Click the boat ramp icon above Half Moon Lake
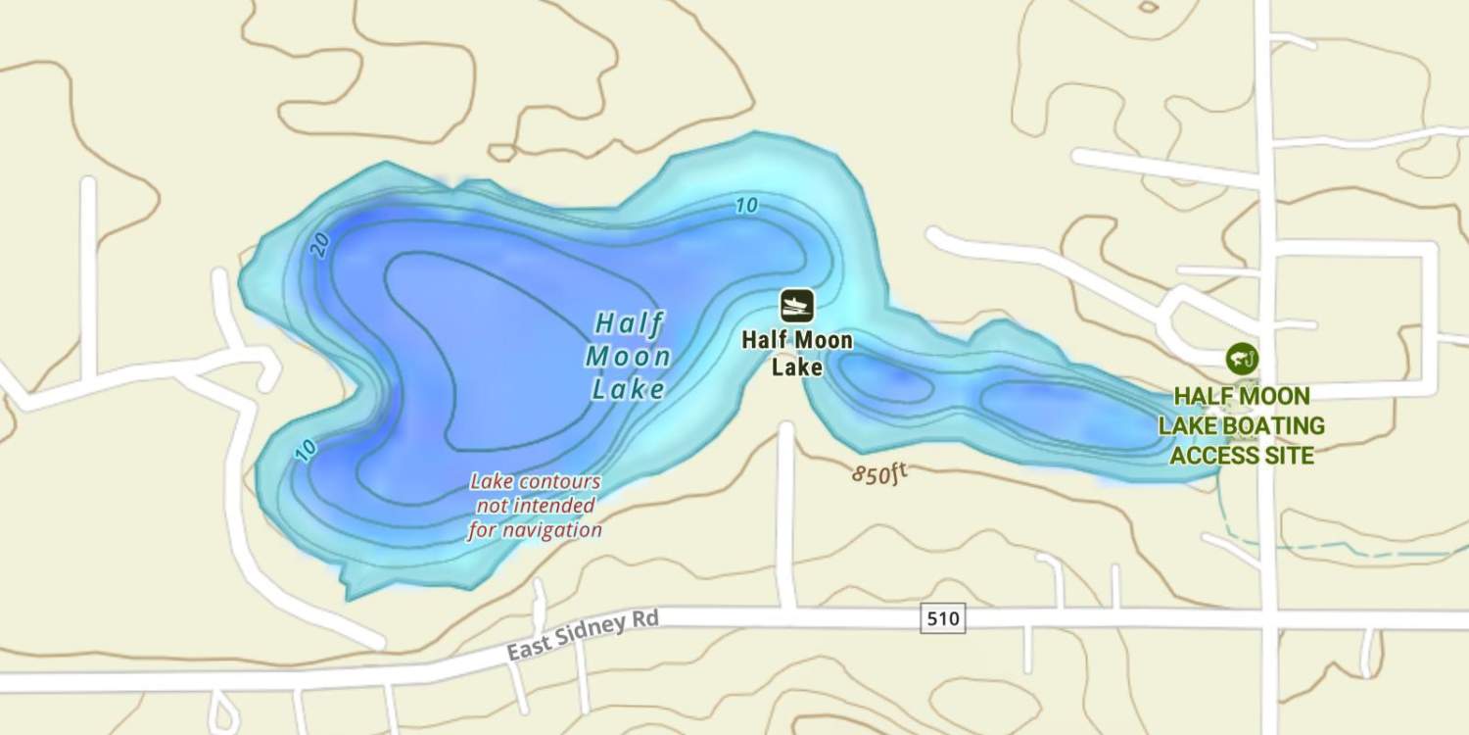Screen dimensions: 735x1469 click(x=796, y=306)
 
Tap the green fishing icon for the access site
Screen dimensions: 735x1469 click(x=1242, y=359)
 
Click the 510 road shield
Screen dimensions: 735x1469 click(x=942, y=618)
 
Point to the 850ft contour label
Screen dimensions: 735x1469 click(x=879, y=474)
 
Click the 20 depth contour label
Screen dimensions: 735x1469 click(x=319, y=246)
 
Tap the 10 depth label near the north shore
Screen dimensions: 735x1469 click(x=746, y=206)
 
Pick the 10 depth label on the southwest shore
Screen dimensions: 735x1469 click(x=306, y=450)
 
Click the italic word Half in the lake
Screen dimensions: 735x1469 click(x=629, y=323)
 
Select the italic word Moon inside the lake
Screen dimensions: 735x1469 click(x=628, y=357)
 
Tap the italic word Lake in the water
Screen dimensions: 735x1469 click(x=628, y=389)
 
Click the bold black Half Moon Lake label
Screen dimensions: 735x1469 click(x=796, y=354)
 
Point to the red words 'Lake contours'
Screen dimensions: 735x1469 click(x=535, y=482)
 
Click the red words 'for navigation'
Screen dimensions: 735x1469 click(x=535, y=530)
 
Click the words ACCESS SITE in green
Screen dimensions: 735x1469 click(x=1241, y=456)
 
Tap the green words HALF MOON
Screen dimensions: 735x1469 click(x=1241, y=397)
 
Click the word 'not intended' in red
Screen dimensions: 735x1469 click(x=535, y=506)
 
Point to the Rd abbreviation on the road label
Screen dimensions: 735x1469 click(x=646, y=619)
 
